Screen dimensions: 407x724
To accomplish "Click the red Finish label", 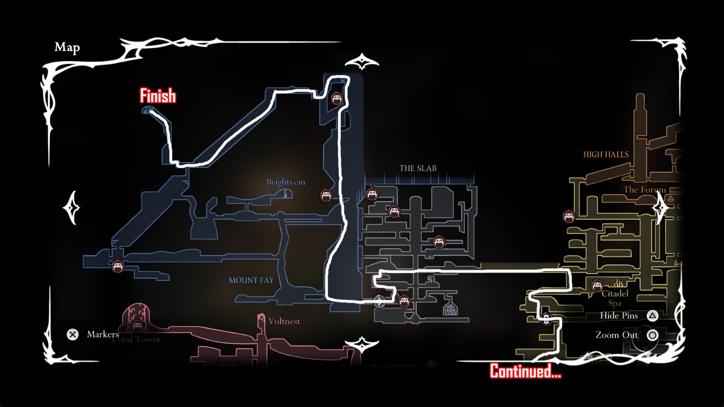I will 157,96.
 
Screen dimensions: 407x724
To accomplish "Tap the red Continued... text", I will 525,371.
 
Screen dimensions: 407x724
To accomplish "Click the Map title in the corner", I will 67,47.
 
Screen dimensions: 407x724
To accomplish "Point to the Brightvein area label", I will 286,182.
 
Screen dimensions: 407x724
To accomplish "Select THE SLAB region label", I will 418,168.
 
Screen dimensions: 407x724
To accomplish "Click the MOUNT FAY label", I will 251,280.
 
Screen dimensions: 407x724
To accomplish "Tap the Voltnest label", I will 284,322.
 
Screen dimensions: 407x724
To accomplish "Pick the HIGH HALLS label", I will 606,155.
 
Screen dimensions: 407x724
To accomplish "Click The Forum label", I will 644,189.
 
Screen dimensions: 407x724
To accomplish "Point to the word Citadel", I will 615,293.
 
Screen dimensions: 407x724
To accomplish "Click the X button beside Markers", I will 72,334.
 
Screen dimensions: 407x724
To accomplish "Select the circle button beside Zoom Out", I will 652,335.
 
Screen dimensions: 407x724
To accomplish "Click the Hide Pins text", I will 619,316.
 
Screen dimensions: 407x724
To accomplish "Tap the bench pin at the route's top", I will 337,98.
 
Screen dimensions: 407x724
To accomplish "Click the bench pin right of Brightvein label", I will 326,195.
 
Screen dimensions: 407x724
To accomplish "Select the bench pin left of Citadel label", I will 597,285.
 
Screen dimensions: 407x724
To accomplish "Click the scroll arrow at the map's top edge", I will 362,62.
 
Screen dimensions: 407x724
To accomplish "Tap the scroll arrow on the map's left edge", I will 71,208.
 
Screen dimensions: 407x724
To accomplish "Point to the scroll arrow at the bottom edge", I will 362,345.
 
